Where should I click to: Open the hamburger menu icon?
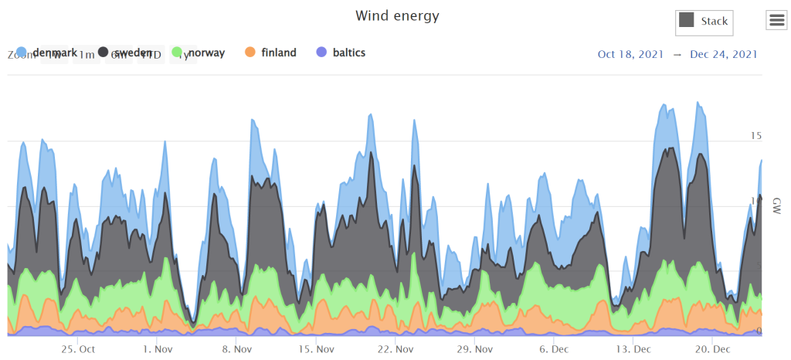pyautogui.click(x=776, y=21)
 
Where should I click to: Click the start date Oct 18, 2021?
pyautogui.click(x=630, y=54)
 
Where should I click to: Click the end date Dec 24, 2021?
pyautogui.click(x=723, y=54)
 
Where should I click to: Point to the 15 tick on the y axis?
pyautogui.click(x=756, y=136)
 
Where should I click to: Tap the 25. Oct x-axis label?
pyautogui.click(x=78, y=348)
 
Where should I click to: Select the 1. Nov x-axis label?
pyautogui.click(x=158, y=348)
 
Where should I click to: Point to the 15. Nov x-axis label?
pyautogui.click(x=316, y=348)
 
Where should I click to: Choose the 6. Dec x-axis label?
pyautogui.click(x=554, y=348)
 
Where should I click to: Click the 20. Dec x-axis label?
pyautogui.click(x=712, y=348)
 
